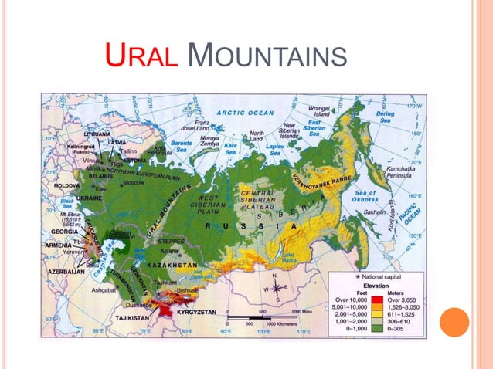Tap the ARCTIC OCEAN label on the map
tap(245, 113)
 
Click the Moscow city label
tap(134, 183)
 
